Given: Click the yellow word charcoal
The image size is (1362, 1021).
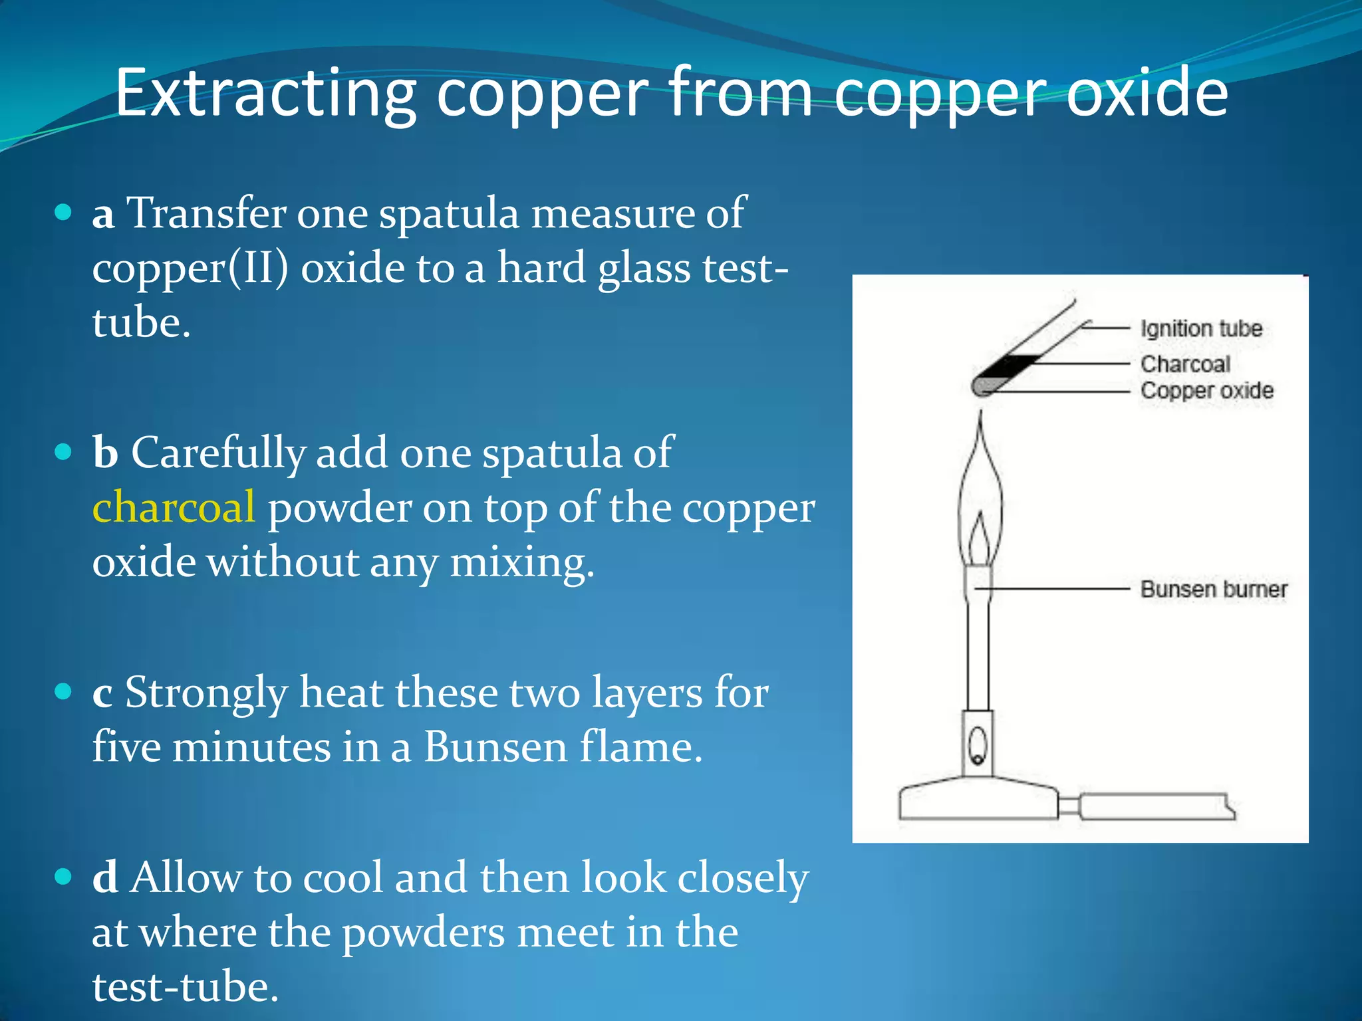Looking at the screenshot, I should [173, 507].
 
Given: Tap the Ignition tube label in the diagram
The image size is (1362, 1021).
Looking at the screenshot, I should [1201, 328].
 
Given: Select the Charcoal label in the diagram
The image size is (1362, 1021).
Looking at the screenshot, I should [1185, 364].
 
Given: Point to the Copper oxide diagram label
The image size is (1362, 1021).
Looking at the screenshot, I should [1206, 391].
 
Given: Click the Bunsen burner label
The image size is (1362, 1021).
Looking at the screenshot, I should [1214, 589].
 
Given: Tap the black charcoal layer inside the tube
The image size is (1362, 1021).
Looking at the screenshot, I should [1011, 366].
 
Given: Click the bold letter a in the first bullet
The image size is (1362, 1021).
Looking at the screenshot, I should [103, 215].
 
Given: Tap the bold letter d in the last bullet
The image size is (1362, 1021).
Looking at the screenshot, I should [105, 877].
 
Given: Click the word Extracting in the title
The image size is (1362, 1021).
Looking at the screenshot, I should [266, 93].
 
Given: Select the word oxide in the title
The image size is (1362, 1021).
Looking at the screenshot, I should [1147, 93].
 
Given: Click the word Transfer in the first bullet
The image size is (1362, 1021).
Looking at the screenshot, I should [205, 213].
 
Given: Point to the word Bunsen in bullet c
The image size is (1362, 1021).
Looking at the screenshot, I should [495, 747].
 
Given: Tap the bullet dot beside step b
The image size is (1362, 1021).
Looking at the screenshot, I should [63, 453].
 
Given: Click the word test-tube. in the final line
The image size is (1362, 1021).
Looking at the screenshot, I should [185, 986].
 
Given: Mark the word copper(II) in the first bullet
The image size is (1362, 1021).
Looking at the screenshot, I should [190, 269].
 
